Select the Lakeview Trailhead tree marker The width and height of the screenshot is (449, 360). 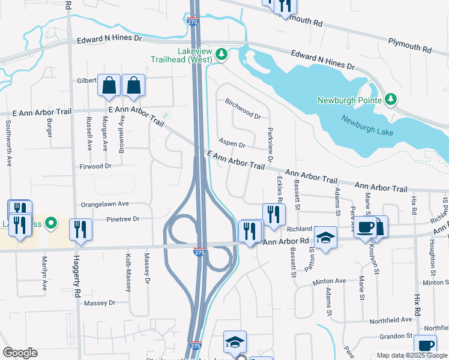coord(222,55)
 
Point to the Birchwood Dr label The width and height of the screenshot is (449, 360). coord(243,110)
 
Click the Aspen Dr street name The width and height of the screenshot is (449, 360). coord(232,145)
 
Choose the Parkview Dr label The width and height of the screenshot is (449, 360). coord(270,145)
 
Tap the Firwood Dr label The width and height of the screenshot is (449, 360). coord(95,166)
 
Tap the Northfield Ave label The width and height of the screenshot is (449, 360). coord(391,320)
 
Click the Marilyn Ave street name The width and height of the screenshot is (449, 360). coord(44,273)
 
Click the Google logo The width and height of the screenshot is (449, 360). coord(20,352)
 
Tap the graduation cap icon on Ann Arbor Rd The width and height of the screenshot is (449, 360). coord(325,238)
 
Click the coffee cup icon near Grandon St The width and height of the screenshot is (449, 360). coord(425,346)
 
